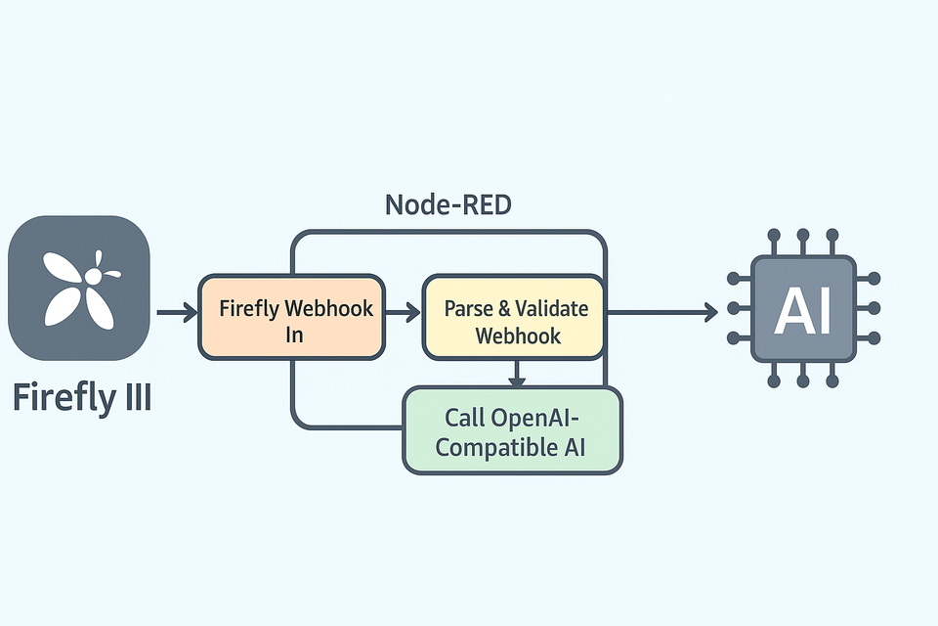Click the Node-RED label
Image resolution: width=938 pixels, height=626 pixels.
coord(448,204)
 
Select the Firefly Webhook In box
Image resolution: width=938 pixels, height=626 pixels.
coord(291,318)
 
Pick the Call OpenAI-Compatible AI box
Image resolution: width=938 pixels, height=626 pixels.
coord(513,430)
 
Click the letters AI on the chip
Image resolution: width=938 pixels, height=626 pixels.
coord(803,309)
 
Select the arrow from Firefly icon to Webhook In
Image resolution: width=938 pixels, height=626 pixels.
coord(176,313)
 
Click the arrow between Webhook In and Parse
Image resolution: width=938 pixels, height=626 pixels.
coord(403,313)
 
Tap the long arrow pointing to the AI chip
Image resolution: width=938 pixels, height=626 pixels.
coord(664,313)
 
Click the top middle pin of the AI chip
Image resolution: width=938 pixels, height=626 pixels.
coord(803,238)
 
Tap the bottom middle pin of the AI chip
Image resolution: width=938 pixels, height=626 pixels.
coord(803,380)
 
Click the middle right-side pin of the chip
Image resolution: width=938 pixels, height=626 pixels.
coord(873,308)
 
